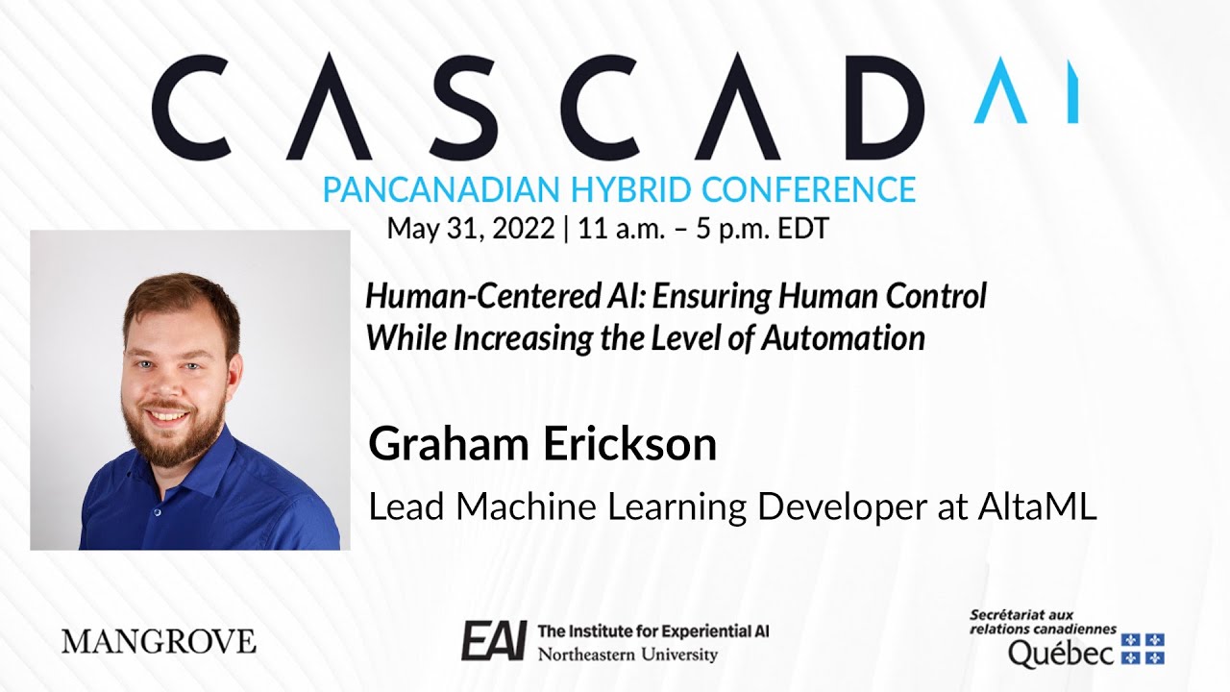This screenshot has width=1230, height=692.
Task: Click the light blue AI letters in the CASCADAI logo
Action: (x=1025, y=90)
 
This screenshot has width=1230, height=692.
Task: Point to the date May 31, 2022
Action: (x=470, y=229)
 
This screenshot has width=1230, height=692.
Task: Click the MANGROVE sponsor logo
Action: (x=159, y=641)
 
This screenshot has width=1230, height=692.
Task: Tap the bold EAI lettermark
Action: (x=493, y=641)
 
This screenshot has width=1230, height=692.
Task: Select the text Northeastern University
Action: (x=627, y=655)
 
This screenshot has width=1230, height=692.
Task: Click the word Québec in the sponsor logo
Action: (x=1061, y=654)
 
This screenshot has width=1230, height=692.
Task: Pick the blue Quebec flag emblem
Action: (x=1144, y=649)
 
